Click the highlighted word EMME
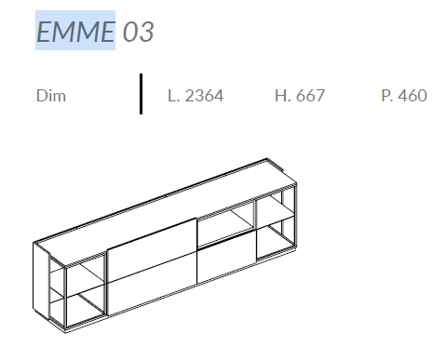pos(75,31)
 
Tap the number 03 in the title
pos(137,32)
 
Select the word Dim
pos(51,96)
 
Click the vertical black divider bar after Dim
pos(141,94)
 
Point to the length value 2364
pos(203,96)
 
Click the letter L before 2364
pos(171,96)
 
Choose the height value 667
pos(308,96)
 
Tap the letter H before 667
pos(280,96)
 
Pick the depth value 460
pos(410,96)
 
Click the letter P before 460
pos(385,96)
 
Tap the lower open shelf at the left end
pos(82,306)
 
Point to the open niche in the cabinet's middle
pos(225,225)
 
